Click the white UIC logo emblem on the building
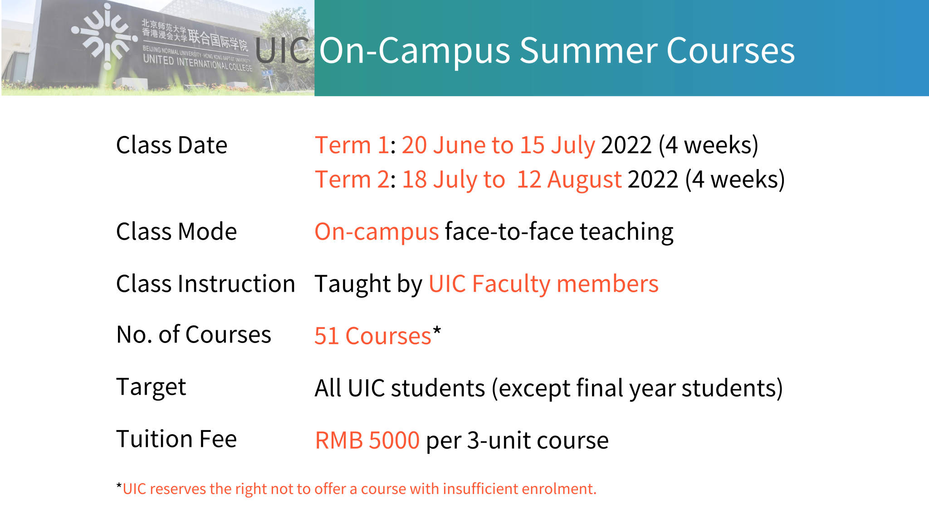tap(105, 36)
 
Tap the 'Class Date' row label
tap(171, 145)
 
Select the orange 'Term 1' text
tap(352, 145)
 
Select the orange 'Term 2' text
tap(352, 179)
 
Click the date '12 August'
tap(569, 179)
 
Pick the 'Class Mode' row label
tap(176, 232)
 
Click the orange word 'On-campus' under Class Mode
tap(376, 232)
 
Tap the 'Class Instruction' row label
tap(205, 284)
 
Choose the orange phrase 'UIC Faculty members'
tap(543, 284)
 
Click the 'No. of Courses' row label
tap(194, 335)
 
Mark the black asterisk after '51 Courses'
tap(436, 331)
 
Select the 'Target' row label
tap(151, 387)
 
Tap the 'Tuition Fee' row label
tap(176, 439)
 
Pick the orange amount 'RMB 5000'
tap(367, 440)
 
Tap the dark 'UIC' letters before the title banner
tap(282, 51)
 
